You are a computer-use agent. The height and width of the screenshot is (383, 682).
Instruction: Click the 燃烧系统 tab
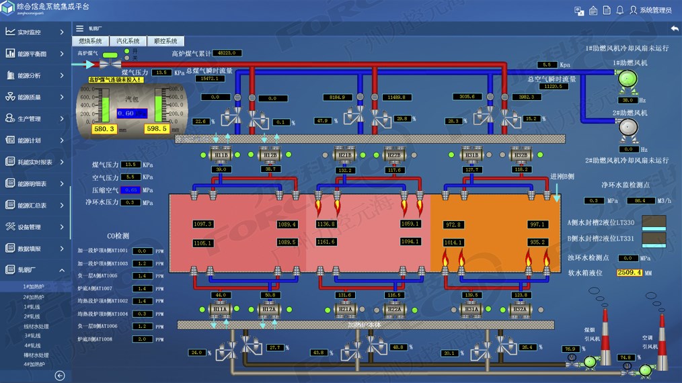pyautogui.click(x=91, y=41)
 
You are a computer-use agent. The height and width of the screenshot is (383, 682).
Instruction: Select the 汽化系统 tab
pyautogui.click(x=128, y=41)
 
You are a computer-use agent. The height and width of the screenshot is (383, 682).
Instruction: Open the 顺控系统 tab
pyautogui.click(x=165, y=41)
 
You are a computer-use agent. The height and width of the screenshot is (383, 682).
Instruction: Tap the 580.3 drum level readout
pyautogui.click(x=105, y=128)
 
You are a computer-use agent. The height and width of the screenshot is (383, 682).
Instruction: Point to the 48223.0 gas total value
pyautogui.click(x=228, y=53)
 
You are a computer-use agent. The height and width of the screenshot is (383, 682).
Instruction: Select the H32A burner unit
pyautogui.click(x=519, y=309)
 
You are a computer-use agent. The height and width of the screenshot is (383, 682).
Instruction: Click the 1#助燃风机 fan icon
pyautogui.click(x=628, y=79)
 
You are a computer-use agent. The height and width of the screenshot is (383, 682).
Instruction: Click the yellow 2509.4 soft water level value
pyautogui.click(x=630, y=273)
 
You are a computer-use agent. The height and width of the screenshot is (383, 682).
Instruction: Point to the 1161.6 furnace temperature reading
pyautogui.click(x=326, y=242)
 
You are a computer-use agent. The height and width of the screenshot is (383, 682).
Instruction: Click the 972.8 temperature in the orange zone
pyautogui.click(x=453, y=224)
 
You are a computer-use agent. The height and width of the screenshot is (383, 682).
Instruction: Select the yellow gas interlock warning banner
pyautogui.click(x=116, y=79)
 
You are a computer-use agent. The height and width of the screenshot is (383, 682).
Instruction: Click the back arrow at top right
pyautogui.click(x=674, y=28)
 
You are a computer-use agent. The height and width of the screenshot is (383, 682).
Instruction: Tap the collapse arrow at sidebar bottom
pyautogui.click(x=60, y=376)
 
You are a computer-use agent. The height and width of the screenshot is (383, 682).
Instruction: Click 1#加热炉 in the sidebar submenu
pyautogui.click(x=34, y=287)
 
